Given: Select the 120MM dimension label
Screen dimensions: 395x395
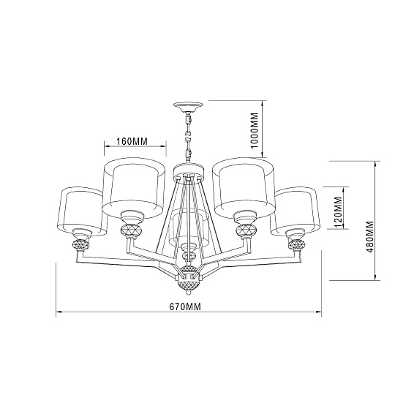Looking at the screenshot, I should coord(338,211).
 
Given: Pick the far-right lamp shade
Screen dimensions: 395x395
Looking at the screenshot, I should coord(296,211).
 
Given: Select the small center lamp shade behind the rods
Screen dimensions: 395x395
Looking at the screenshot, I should coord(189,228).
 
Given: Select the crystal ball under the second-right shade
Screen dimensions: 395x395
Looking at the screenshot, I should coord(245,231).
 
